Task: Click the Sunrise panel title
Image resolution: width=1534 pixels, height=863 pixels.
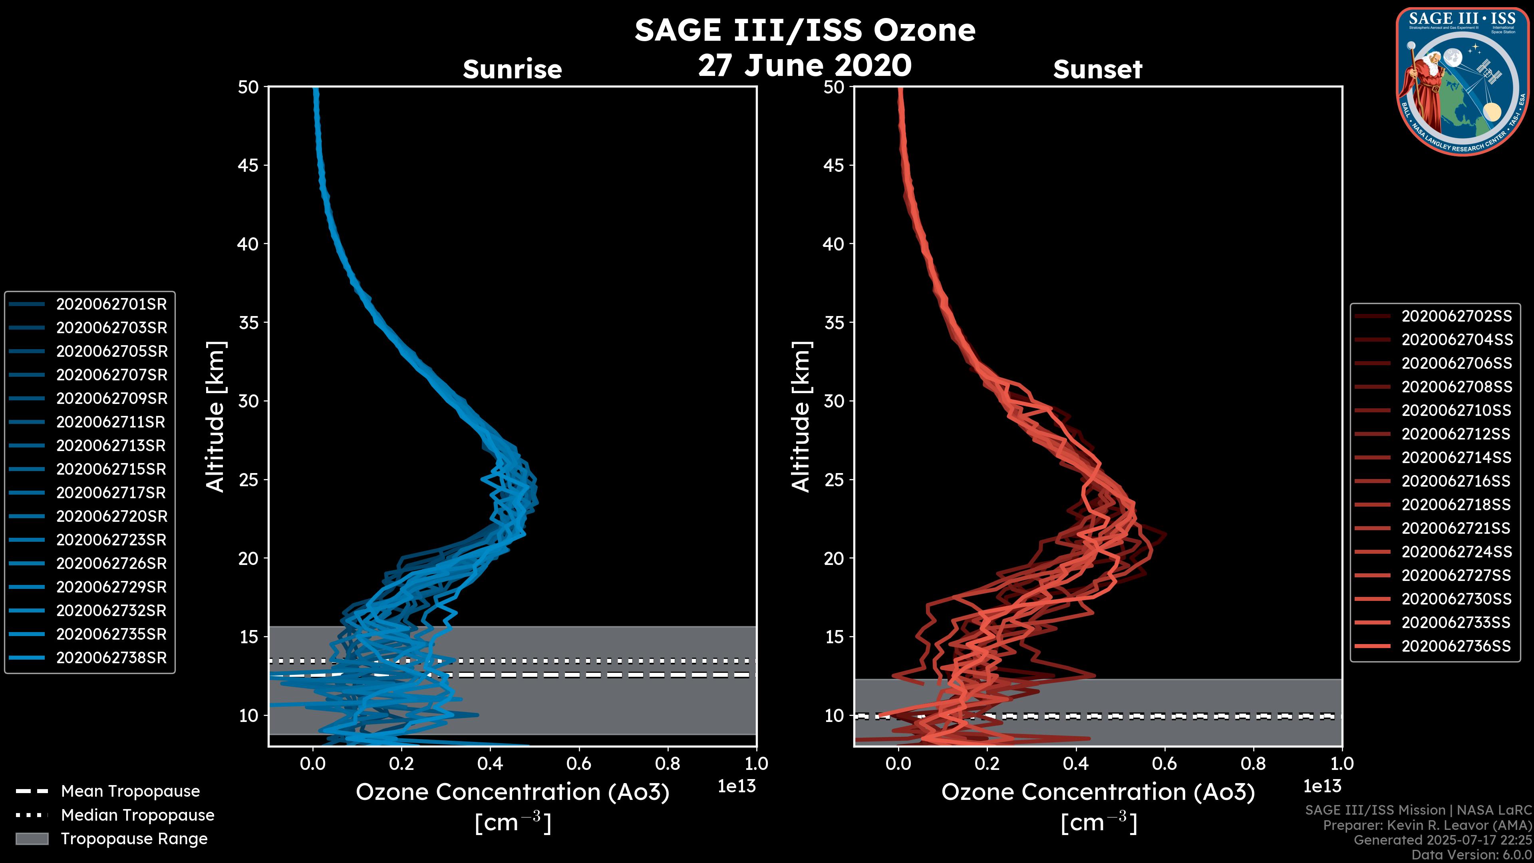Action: click(x=512, y=69)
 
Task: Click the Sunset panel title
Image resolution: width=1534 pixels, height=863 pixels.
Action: click(x=1097, y=69)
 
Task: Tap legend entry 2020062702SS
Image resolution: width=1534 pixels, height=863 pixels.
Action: click(x=1457, y=316)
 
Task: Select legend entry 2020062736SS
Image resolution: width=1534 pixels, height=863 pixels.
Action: click(x=1457, y=646)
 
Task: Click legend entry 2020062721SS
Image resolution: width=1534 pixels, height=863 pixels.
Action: click(x=1457, y=528)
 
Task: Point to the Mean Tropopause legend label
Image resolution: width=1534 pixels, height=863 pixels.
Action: click(x=130, y=791)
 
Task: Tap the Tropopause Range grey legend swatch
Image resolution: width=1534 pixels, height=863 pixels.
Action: click(x=32, y=839)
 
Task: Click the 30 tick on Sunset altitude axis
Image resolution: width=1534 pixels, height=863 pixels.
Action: click(x=834, y=401)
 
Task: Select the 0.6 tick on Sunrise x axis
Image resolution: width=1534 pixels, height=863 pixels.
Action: click(x=579, y=764)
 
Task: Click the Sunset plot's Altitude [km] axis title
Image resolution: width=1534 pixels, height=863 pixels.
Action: click(x=801, y=416)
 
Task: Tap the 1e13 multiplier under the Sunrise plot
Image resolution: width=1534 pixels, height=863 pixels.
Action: click(x=737, y=786)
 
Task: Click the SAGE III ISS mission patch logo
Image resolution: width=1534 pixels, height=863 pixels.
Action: click(x=1462, y=81)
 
